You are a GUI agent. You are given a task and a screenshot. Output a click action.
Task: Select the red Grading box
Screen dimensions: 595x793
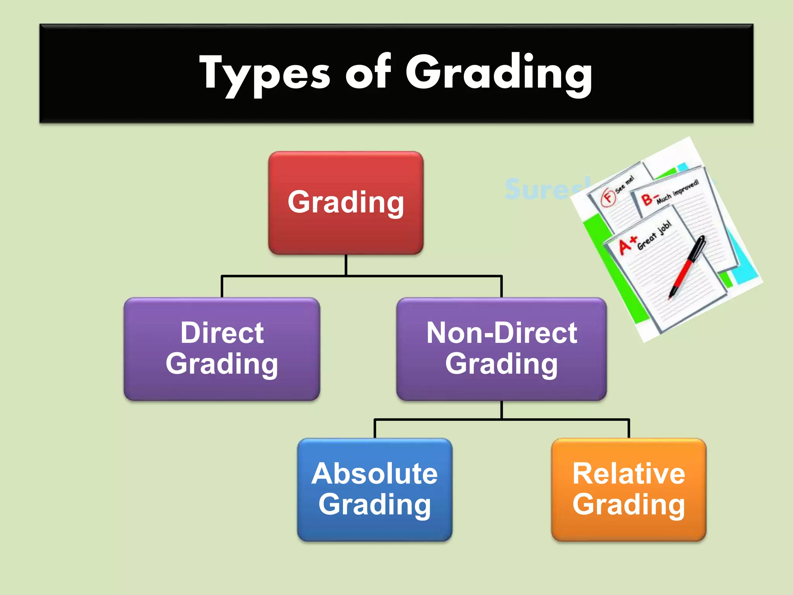[346, 203]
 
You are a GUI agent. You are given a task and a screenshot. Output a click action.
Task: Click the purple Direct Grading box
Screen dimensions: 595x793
[222, 349]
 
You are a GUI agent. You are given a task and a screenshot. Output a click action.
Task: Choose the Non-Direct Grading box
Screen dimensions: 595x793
[501, 349]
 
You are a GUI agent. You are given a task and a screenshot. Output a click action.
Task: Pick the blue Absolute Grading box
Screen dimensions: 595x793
[375, 490]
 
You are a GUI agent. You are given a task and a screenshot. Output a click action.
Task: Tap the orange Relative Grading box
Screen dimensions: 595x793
[629, 490]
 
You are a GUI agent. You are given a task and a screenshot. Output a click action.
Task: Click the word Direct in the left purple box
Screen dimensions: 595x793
[222, 333]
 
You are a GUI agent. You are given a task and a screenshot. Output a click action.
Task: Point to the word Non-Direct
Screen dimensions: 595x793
[501, 333]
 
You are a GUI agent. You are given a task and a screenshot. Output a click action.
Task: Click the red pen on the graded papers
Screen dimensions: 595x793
[687, 267]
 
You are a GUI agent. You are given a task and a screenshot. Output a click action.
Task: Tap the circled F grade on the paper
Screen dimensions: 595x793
[608, 197]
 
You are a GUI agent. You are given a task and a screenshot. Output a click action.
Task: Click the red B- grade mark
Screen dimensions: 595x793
[647, 199]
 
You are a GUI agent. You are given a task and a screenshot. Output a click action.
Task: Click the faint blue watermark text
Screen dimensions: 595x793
[542, 189]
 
